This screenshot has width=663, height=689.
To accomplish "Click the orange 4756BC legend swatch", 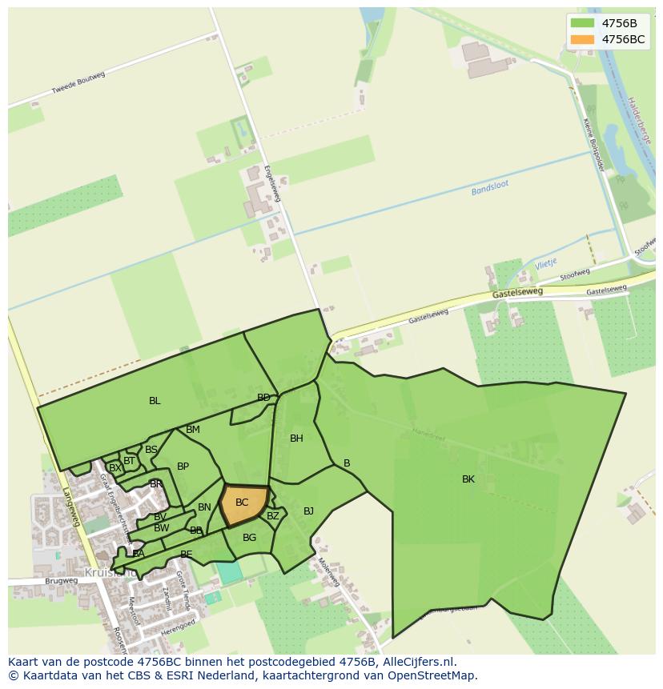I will point(583,39).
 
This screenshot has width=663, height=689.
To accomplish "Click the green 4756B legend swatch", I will point(583,22).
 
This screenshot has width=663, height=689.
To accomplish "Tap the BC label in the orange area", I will point(242,503).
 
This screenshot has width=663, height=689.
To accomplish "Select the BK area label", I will point(468,479).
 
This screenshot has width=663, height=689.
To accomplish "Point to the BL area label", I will point(155,401).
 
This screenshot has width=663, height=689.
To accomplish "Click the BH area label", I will point(296,438).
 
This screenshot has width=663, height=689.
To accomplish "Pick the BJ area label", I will point(308,511).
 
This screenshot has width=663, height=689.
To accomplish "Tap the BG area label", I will point(249,538).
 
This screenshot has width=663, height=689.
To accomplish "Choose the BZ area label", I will point(273,516).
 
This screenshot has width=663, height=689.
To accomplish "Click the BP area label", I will point(183,467).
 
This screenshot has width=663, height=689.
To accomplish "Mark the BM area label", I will point(193,430).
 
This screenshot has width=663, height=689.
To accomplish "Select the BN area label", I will point(204,507).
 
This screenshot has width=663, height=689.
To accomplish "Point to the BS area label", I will point(151,450).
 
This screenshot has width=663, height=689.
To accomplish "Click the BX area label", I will point(115,467).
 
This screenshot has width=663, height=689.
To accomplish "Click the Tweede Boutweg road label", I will point(78,83).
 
